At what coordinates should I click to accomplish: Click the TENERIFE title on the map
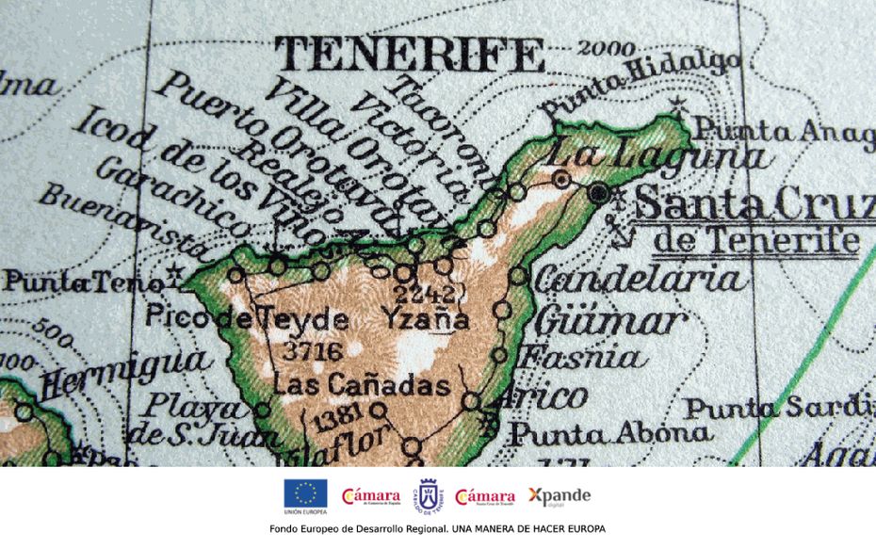tap(412, 55)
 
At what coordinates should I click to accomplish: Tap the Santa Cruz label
tap(754, 203)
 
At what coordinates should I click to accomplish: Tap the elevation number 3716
tap(310, 351)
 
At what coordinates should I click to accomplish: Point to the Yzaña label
tap(425, 318)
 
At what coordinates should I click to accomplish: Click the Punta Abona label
tap(610, 433)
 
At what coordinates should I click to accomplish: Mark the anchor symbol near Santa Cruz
tap(621, 230)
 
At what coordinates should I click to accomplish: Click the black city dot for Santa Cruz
tap(598, 192)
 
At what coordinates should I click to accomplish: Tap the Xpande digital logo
tap(559, 495)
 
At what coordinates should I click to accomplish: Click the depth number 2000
tap(607, 48)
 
